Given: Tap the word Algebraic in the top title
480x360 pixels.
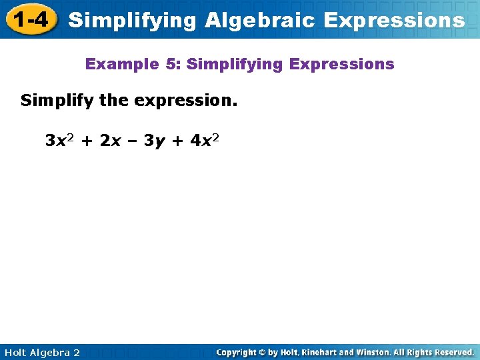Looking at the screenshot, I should [260, 20].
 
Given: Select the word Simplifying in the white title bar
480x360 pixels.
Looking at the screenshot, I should [133, 20].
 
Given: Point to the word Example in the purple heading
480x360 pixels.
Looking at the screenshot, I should [121, 65].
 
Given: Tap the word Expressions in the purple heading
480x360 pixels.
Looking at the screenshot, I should [349, 65].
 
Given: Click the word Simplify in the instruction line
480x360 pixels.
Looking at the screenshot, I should [57, 102].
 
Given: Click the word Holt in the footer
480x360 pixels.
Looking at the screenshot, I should [15, 353].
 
